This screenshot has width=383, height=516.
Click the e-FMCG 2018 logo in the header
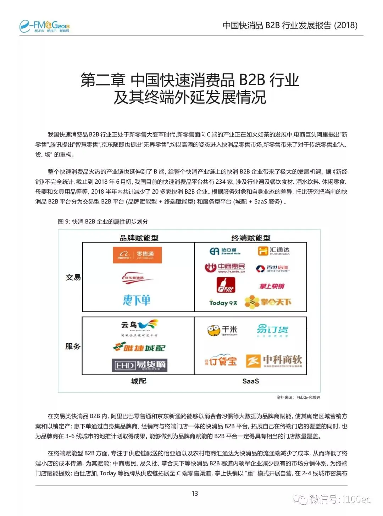tap(45, 26)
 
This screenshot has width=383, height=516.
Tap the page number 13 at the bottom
tap(195, 493)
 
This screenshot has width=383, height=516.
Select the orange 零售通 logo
tap(137, 255)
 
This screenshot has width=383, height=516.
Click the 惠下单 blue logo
tap(137, 300)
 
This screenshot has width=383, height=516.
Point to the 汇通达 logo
tap(273, 251)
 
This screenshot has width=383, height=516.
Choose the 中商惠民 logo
tap(225, 268)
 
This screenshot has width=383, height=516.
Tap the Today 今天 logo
tap(223, 303)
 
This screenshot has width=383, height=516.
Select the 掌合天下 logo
tap(268, 302)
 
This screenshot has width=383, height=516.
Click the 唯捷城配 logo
tap(139, 347)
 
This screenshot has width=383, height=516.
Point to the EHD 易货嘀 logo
tap(139, 365)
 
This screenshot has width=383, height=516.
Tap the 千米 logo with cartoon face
tap(222, 331)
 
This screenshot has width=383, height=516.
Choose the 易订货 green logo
tap(272, 330)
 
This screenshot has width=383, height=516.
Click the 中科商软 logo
tap(274, 361)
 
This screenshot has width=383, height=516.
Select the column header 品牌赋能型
tap(139, 238)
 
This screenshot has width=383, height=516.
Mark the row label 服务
tap(73, 346)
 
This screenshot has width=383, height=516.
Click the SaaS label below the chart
tap(251, 381)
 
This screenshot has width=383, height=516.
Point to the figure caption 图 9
tap(103, 222)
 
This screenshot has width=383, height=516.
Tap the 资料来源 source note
tap(298, 398)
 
